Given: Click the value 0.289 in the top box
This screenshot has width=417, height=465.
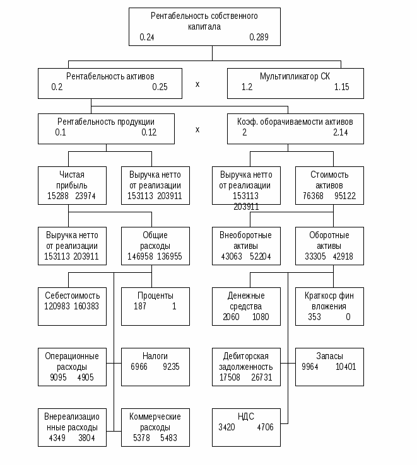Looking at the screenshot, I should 259,38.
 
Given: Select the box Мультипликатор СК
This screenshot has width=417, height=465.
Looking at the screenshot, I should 295,83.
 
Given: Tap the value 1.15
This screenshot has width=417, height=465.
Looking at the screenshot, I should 341,88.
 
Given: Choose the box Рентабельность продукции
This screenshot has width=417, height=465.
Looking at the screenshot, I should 106,128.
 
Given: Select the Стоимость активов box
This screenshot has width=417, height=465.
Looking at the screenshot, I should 329,185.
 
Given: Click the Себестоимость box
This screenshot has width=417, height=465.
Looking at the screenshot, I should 72,306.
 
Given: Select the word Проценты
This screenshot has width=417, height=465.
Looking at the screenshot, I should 155,296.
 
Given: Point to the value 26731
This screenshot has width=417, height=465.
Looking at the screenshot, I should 261,377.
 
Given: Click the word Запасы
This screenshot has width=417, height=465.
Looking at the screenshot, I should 329,355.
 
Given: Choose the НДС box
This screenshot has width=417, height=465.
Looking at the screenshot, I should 246,427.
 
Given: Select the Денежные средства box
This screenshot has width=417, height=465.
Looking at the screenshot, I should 246,306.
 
